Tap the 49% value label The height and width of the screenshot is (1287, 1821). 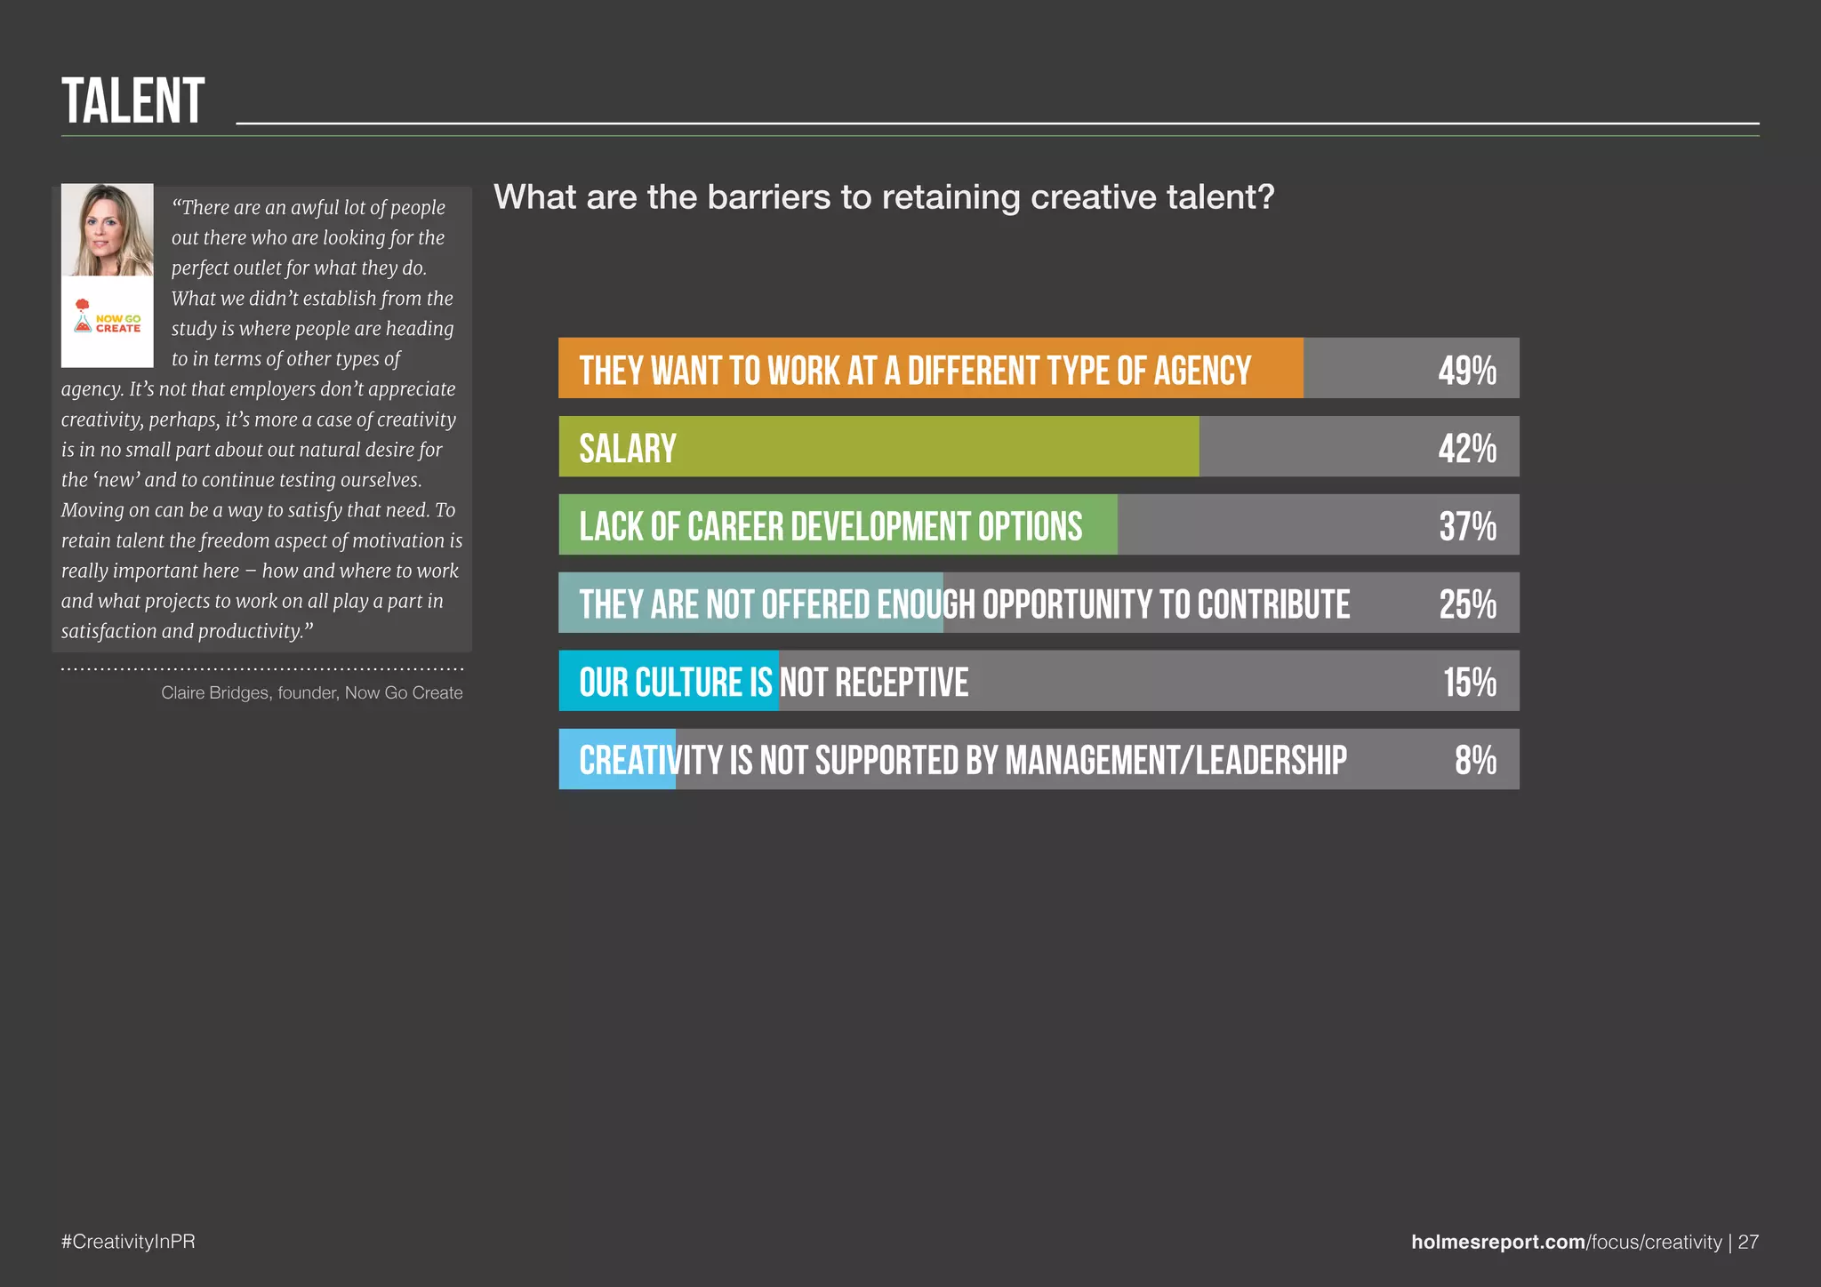[1467, 370]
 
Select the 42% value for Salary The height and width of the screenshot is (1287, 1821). [1467, 448]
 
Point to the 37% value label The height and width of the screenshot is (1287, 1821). [1467, 526]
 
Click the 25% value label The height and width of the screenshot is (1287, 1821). [1467, 604]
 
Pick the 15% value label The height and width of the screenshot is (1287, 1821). [1469, 683]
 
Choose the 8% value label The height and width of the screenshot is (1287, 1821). [1475, 761]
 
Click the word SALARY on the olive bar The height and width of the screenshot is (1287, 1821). [628, 448]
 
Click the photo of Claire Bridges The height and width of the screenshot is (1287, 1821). [108, 230]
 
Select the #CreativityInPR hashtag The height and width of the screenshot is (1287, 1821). [128, 1242]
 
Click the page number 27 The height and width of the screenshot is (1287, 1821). [1748, 1242]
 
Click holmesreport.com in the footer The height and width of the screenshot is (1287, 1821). [1498, 1242]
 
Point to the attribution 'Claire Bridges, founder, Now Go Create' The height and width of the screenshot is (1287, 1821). [311, 692]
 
